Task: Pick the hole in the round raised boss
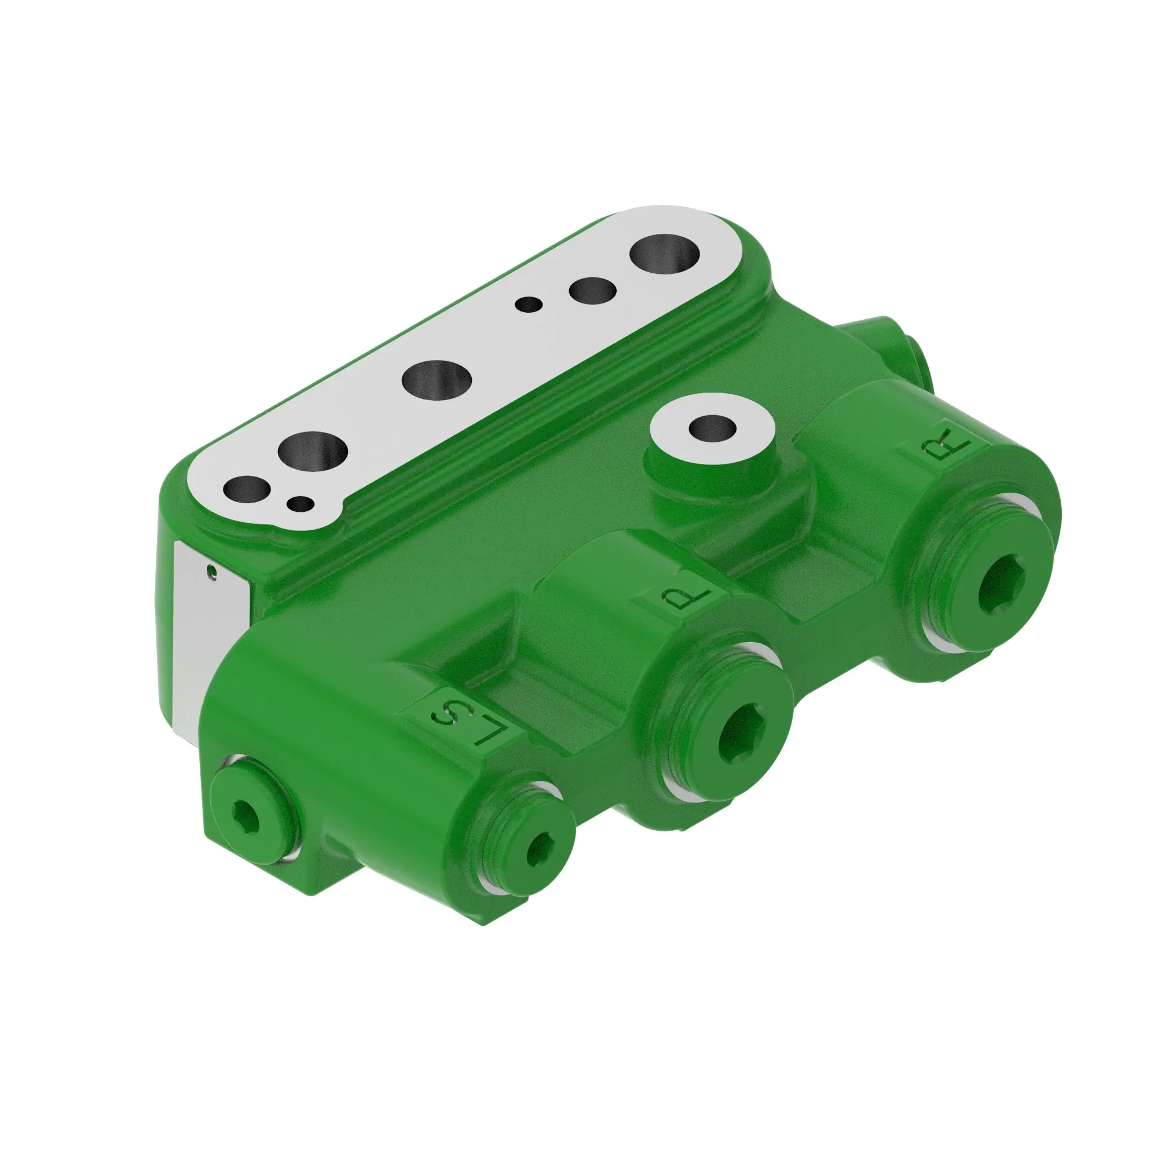(712, 428)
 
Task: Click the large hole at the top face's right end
(665, 254)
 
